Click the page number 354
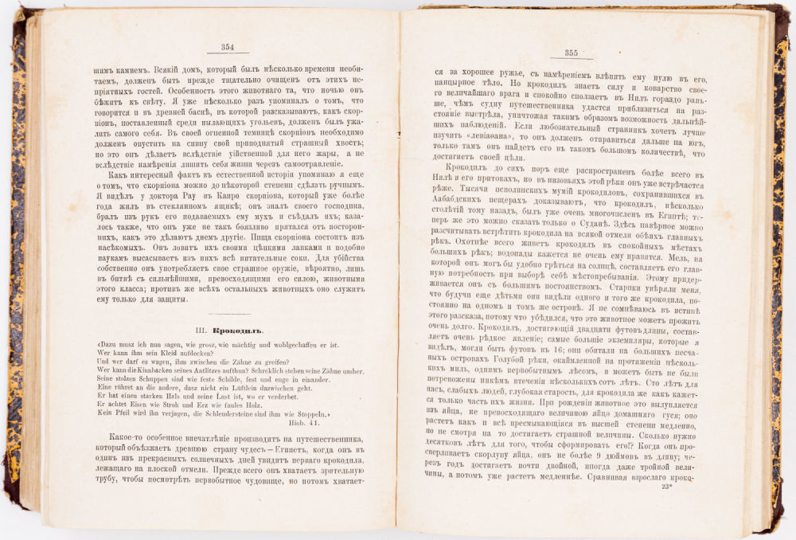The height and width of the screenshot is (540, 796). (x=227, y=47)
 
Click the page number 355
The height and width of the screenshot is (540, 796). (x=571, y=53)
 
